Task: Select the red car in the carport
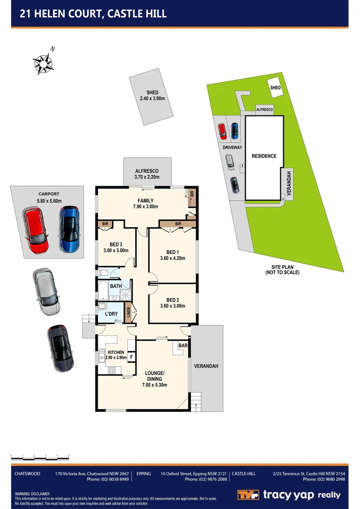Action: pos(37,231)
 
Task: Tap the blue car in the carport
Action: pos(69,230)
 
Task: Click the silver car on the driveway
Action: pos(45,292)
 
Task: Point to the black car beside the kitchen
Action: pos(60,348)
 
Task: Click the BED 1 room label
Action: pos(172,252)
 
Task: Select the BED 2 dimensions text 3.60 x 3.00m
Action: pos(172,306)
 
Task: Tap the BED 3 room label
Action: pos(116,244)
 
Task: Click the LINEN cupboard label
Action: pos(128,312)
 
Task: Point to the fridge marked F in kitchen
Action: pos(131,357)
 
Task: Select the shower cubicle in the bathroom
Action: pos(125,296)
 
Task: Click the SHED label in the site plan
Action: pos(275,88)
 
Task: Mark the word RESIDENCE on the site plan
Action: pos(263,156)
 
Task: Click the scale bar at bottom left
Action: pos(40,457)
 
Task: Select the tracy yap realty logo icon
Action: pos(248,495)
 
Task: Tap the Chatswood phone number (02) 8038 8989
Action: pos(107,479)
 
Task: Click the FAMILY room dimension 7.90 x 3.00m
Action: pos(145,206)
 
